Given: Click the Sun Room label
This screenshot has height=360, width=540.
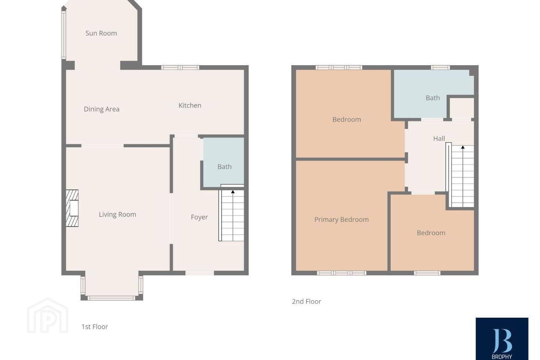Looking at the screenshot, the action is (x=101, y=33).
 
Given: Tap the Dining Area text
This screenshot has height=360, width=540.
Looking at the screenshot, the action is (x=102, y=109).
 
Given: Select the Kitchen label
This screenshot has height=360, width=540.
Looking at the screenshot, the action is (x=190, y=105).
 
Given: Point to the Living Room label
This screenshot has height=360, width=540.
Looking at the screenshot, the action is (x=117, y=214).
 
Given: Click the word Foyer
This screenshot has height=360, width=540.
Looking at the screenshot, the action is (x=199, y=217).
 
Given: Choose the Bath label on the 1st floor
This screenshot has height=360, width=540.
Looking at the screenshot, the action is (x=224, y=166).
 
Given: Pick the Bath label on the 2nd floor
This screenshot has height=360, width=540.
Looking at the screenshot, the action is (x=433, y=98).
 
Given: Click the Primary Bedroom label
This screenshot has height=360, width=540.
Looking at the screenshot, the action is (x=342, y=220).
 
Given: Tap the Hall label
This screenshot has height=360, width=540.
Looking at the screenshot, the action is (x=439, y=138).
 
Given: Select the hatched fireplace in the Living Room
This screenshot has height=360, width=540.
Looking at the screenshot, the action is (x=72, y=208).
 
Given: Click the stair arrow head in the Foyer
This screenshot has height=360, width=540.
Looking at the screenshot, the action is (x=233, y=192).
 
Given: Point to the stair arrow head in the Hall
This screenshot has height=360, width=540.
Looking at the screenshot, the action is (x=463, y=147).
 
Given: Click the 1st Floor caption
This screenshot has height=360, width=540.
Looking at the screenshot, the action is (x=95, y=327).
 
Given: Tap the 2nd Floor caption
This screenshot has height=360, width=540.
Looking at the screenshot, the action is (x=306, y=301).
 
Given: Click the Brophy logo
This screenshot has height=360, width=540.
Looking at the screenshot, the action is (x=502, y=339).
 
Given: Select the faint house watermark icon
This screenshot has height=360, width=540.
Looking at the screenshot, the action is (x=48, y=315).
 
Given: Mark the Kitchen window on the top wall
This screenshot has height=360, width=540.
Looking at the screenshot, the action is (x=180, y=67).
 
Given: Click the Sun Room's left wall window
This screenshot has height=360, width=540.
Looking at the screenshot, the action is (x=64, y=35).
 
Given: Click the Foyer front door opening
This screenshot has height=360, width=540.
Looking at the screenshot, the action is (x=199, y=273).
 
